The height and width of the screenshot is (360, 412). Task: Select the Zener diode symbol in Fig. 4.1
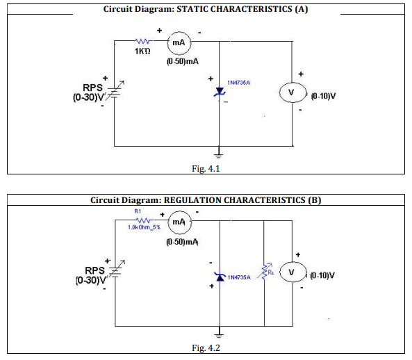(220, 92)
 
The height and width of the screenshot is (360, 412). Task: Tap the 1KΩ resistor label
(142, 51)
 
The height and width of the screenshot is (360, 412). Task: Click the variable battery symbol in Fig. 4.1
(115, 90)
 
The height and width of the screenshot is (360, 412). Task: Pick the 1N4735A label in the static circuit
(238, 83)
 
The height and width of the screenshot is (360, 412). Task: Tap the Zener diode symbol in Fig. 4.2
(220, 277)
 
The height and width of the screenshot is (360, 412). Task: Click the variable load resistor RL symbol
(265, 270)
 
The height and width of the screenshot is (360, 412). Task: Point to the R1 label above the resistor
(138, 211)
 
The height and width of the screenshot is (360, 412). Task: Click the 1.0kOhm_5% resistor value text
(144, 227)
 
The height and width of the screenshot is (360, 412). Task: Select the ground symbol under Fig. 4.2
(219, 334)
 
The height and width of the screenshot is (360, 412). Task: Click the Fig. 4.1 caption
(206, 168)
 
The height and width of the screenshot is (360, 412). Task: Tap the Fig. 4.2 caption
(206, 348)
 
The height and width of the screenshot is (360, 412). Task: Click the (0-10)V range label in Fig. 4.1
(323, 96)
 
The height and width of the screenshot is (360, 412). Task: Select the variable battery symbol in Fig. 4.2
(116, 270)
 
